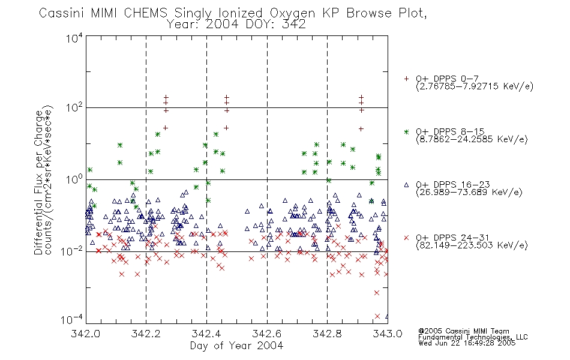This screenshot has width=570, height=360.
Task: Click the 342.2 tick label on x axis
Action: pos(146,334)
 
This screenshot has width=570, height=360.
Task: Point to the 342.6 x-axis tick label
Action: pos(267,334)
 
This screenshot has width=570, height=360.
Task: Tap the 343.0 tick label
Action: pos(388,334)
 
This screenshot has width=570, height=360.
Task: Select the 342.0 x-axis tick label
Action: pos(85,334)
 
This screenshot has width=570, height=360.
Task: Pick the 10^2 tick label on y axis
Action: pos(74,107)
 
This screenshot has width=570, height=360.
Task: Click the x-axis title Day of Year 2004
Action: pos(236,346)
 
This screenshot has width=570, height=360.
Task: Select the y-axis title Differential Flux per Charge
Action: pos(38,182)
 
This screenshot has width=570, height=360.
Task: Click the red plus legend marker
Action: pos(406,79)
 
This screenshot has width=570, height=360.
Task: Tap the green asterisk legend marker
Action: pos(406,131)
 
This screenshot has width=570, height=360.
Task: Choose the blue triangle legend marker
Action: pos(406,185)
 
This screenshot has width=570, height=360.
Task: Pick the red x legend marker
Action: pos(406,238)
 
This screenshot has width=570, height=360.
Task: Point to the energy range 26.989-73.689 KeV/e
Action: pos(469,192)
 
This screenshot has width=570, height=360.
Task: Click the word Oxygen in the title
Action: pos(292,13)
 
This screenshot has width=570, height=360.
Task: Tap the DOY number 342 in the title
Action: pos(294,25)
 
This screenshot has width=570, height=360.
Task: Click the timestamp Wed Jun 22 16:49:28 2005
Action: pos(467,343)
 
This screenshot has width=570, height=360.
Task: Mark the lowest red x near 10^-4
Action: pos(377,316)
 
